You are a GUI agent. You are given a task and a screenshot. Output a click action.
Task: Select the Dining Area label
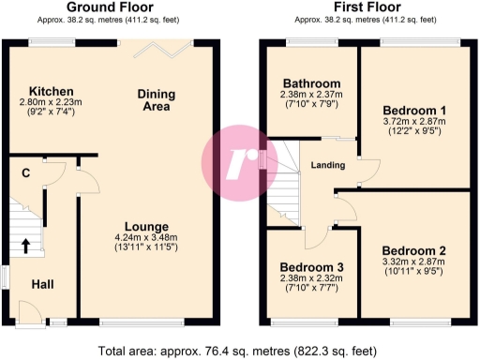pos(157,100)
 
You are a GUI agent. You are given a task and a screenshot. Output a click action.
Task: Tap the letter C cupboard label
pos(25,172)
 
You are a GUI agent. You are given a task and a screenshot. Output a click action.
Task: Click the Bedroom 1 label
pos(413,111)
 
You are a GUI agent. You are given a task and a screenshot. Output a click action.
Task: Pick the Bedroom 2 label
pos(413,250)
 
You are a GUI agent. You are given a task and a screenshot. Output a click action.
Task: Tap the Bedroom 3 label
pos(312,267)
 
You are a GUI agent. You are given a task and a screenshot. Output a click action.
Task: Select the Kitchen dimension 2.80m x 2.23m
pos(45,102)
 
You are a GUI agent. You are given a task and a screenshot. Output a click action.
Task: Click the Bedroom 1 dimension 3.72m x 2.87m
pos(413,123)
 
